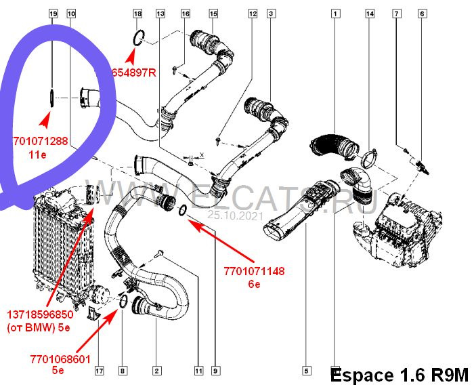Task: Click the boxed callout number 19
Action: [53, 14]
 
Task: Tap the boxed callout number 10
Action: [72, 14]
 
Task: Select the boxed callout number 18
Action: [137, 14]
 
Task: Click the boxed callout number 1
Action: [335, 14]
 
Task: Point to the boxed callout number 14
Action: [370, 14]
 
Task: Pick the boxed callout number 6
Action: [421, 14]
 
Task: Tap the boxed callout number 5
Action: [306, 371]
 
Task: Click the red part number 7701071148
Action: [254, 272]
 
